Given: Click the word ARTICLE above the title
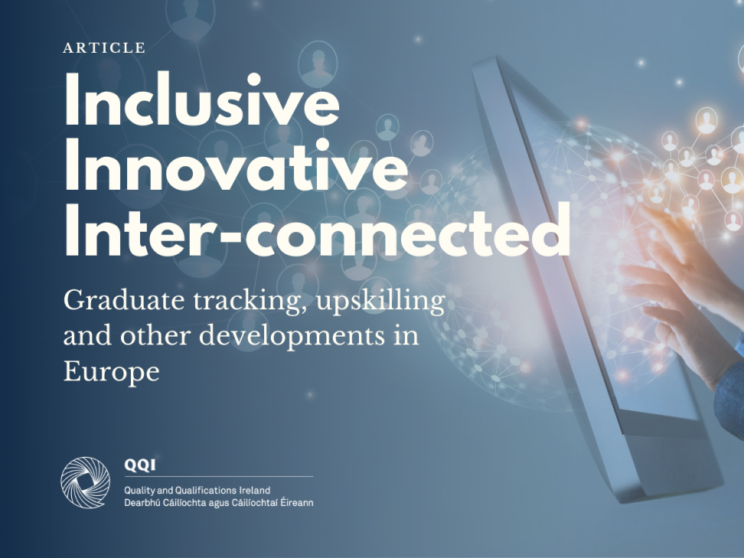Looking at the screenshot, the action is pyautogui.click(x=104, y=48).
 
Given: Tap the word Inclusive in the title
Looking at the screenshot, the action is pyautogui.click(x=202, y=100).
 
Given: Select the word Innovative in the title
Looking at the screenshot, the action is pyautogui.click(x=236, y=165).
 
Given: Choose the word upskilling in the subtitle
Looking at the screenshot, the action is pyautogui.click(x=380, y=302).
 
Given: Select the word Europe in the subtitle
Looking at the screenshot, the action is pyautogui.click(x=112, y=371).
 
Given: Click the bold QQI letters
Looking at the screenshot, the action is pyautogui.click(x=139, y=465).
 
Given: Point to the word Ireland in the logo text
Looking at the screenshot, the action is pyautogui.click(x=255, y=490).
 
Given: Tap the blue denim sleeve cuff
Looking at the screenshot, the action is pyautogui.click(x=729, y=399).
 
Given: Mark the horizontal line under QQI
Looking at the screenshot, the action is pyautogui.click(x=219, y=476).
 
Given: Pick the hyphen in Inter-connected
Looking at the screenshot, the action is pyautogui.click(x=232, y=236).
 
